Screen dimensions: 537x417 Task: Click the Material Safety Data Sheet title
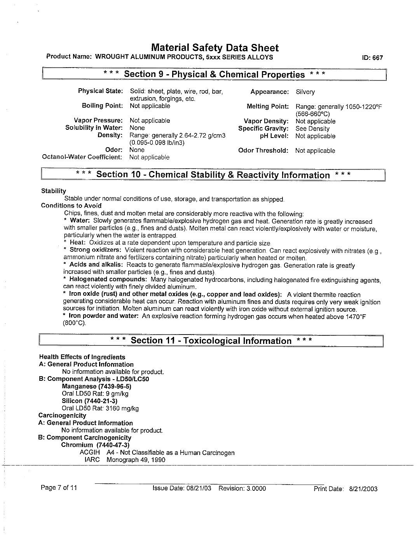(215, 48)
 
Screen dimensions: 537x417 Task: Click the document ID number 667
(377, 58)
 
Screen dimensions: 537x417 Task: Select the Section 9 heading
(214, 74)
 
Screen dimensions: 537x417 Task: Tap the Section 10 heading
(213, 175)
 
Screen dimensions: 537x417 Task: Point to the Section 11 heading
(211, 341)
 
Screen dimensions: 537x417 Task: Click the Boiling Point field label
(102, 106)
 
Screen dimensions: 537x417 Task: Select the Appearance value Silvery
(305, 92)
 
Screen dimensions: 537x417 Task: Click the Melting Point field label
(267, 106)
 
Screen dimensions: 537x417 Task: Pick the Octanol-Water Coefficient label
(82, 157)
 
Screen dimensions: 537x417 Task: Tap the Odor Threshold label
(263, 150)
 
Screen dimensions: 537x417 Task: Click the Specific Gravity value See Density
(312, 129)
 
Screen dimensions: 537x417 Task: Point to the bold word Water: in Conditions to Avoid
(80, 221)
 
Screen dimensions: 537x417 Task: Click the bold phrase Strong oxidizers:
(95, 250)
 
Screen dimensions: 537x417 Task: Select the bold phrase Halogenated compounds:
(108, 279)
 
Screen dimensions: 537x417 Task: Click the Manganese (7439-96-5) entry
(96, 386)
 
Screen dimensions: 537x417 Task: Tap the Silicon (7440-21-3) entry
(89, 401)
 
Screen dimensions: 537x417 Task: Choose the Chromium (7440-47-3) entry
(95, 445)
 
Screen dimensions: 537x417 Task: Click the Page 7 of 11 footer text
(59, 488)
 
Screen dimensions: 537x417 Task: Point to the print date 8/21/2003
(363, 489)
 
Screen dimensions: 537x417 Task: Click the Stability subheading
(54, 191)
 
